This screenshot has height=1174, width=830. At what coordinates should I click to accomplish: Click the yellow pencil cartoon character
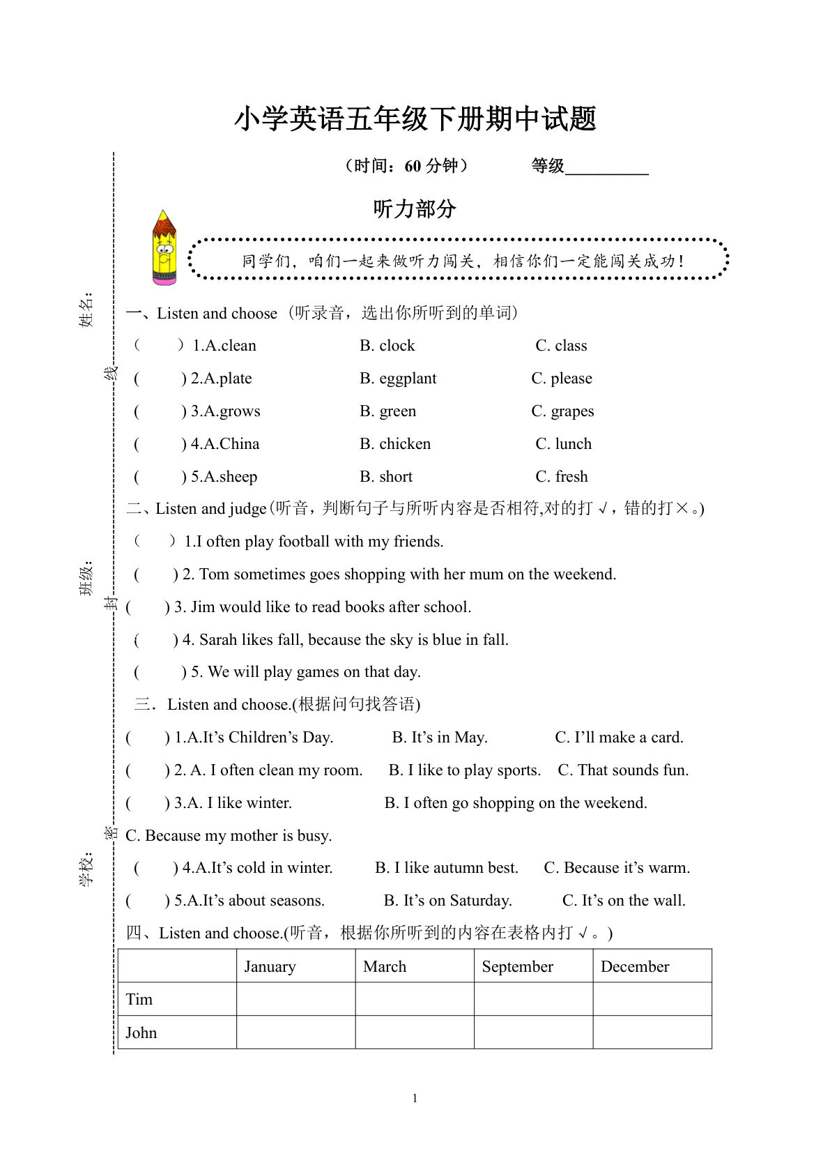[x=164, y=248]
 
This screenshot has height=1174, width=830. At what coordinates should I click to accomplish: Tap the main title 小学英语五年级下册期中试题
[x=415, y=119]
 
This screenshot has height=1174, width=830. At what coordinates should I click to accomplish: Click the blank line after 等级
[x=606, y=167]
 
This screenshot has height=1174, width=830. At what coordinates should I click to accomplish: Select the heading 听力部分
[x=415, y=208]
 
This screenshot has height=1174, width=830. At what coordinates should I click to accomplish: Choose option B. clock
[x=387, y=346]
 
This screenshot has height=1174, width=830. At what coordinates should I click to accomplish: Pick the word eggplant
[x=408, y=379]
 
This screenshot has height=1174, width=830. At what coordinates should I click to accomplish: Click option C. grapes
[x=562, y=411]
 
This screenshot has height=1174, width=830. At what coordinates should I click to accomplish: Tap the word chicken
[x=405, y=444]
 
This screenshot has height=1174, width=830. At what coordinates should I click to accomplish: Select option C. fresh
[x=562, y=477]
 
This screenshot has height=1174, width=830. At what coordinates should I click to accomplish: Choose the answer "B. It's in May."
[x=440, y=738]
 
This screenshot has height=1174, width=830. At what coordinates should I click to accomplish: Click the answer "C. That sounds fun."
[x=623, y=770]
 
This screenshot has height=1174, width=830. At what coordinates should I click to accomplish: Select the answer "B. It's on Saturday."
[x=447, y=901]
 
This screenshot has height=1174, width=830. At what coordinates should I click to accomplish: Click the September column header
[x=517, y=967]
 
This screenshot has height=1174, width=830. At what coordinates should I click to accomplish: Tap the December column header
[x=634, y=967]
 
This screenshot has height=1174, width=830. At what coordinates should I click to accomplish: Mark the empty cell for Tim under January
[x=295, y=999]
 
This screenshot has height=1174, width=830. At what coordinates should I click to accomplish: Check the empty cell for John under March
[x=415, y=1032]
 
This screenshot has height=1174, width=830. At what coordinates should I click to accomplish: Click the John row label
[x=141, y=1033]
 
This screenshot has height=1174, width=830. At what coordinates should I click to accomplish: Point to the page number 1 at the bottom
[x=415, y=1099]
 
